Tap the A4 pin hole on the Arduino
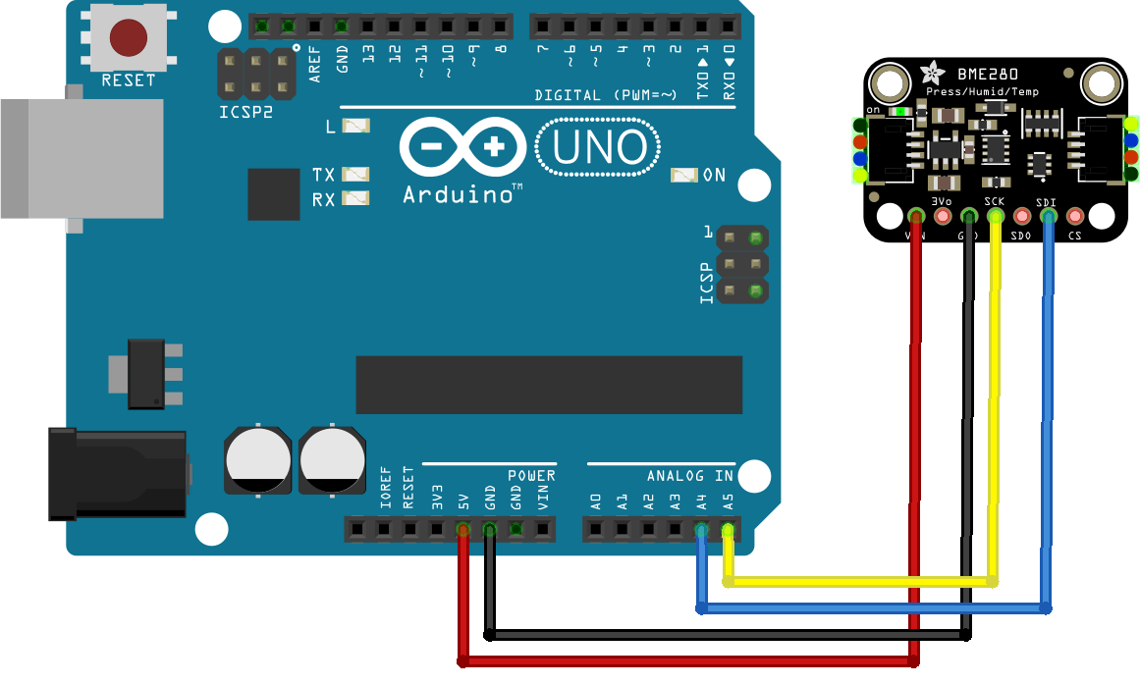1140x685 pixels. [701, 531]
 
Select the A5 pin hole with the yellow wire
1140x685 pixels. [728, 531]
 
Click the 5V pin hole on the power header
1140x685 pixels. [462, 531]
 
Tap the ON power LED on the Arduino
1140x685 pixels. [683, 175]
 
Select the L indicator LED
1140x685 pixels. [357, 126]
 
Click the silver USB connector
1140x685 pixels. [82, 158]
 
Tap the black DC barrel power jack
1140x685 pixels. [117, 474]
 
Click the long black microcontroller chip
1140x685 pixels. [549, 385]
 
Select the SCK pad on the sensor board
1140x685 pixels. [995, 215]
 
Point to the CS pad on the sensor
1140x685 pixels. [1075, 215]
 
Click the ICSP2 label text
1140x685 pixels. [244, 113]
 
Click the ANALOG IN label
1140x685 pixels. [690, 476]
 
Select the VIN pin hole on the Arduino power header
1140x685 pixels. [542, 531]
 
